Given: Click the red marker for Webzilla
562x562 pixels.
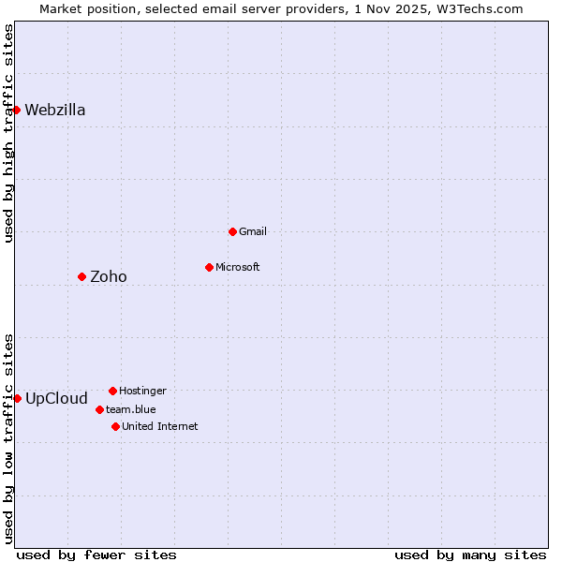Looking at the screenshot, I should (x=16, y=110).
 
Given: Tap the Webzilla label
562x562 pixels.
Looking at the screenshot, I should (x=55, y=110).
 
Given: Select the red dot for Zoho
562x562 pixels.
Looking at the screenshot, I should (x=81, y=276).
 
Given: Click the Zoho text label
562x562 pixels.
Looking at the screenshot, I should (x=109, y=276).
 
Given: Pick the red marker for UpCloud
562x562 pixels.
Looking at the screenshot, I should (x=17, y=398).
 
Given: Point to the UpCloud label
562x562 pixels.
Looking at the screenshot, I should (x=56, y=398).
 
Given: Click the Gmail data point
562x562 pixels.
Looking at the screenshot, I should (x=232, y=231).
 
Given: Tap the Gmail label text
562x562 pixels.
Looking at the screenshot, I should (x=253, y=231).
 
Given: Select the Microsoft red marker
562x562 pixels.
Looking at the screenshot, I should (x=209, y=267).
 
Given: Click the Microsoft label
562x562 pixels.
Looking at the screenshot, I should (x=238, y=267).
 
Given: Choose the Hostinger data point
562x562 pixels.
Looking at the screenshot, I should (x=112, y=391).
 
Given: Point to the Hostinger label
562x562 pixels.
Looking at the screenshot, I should (x=142, y=391).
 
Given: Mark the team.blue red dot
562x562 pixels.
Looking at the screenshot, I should (x=99, y=409).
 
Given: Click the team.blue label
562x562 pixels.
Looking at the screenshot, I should (x=131, y=409).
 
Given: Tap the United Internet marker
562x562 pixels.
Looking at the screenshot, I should (x=115, y=426).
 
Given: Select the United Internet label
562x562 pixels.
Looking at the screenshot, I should (x=160, y=426).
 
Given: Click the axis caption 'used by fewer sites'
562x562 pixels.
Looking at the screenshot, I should (x=96, y=555).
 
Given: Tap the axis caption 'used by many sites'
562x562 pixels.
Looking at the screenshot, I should (x=470, y=555).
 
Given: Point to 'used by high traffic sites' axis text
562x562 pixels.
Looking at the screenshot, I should (x=8, y=133).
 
